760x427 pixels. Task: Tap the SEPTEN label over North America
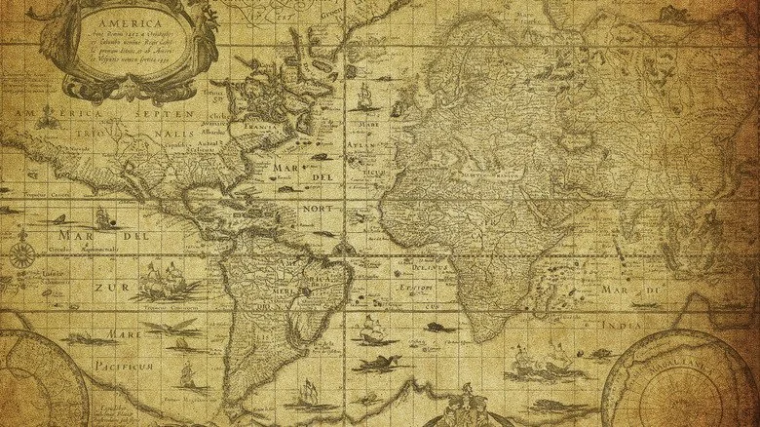coord(167,114)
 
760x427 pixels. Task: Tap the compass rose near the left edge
coord(21,255)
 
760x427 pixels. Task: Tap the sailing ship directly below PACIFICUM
coord(191,375)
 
